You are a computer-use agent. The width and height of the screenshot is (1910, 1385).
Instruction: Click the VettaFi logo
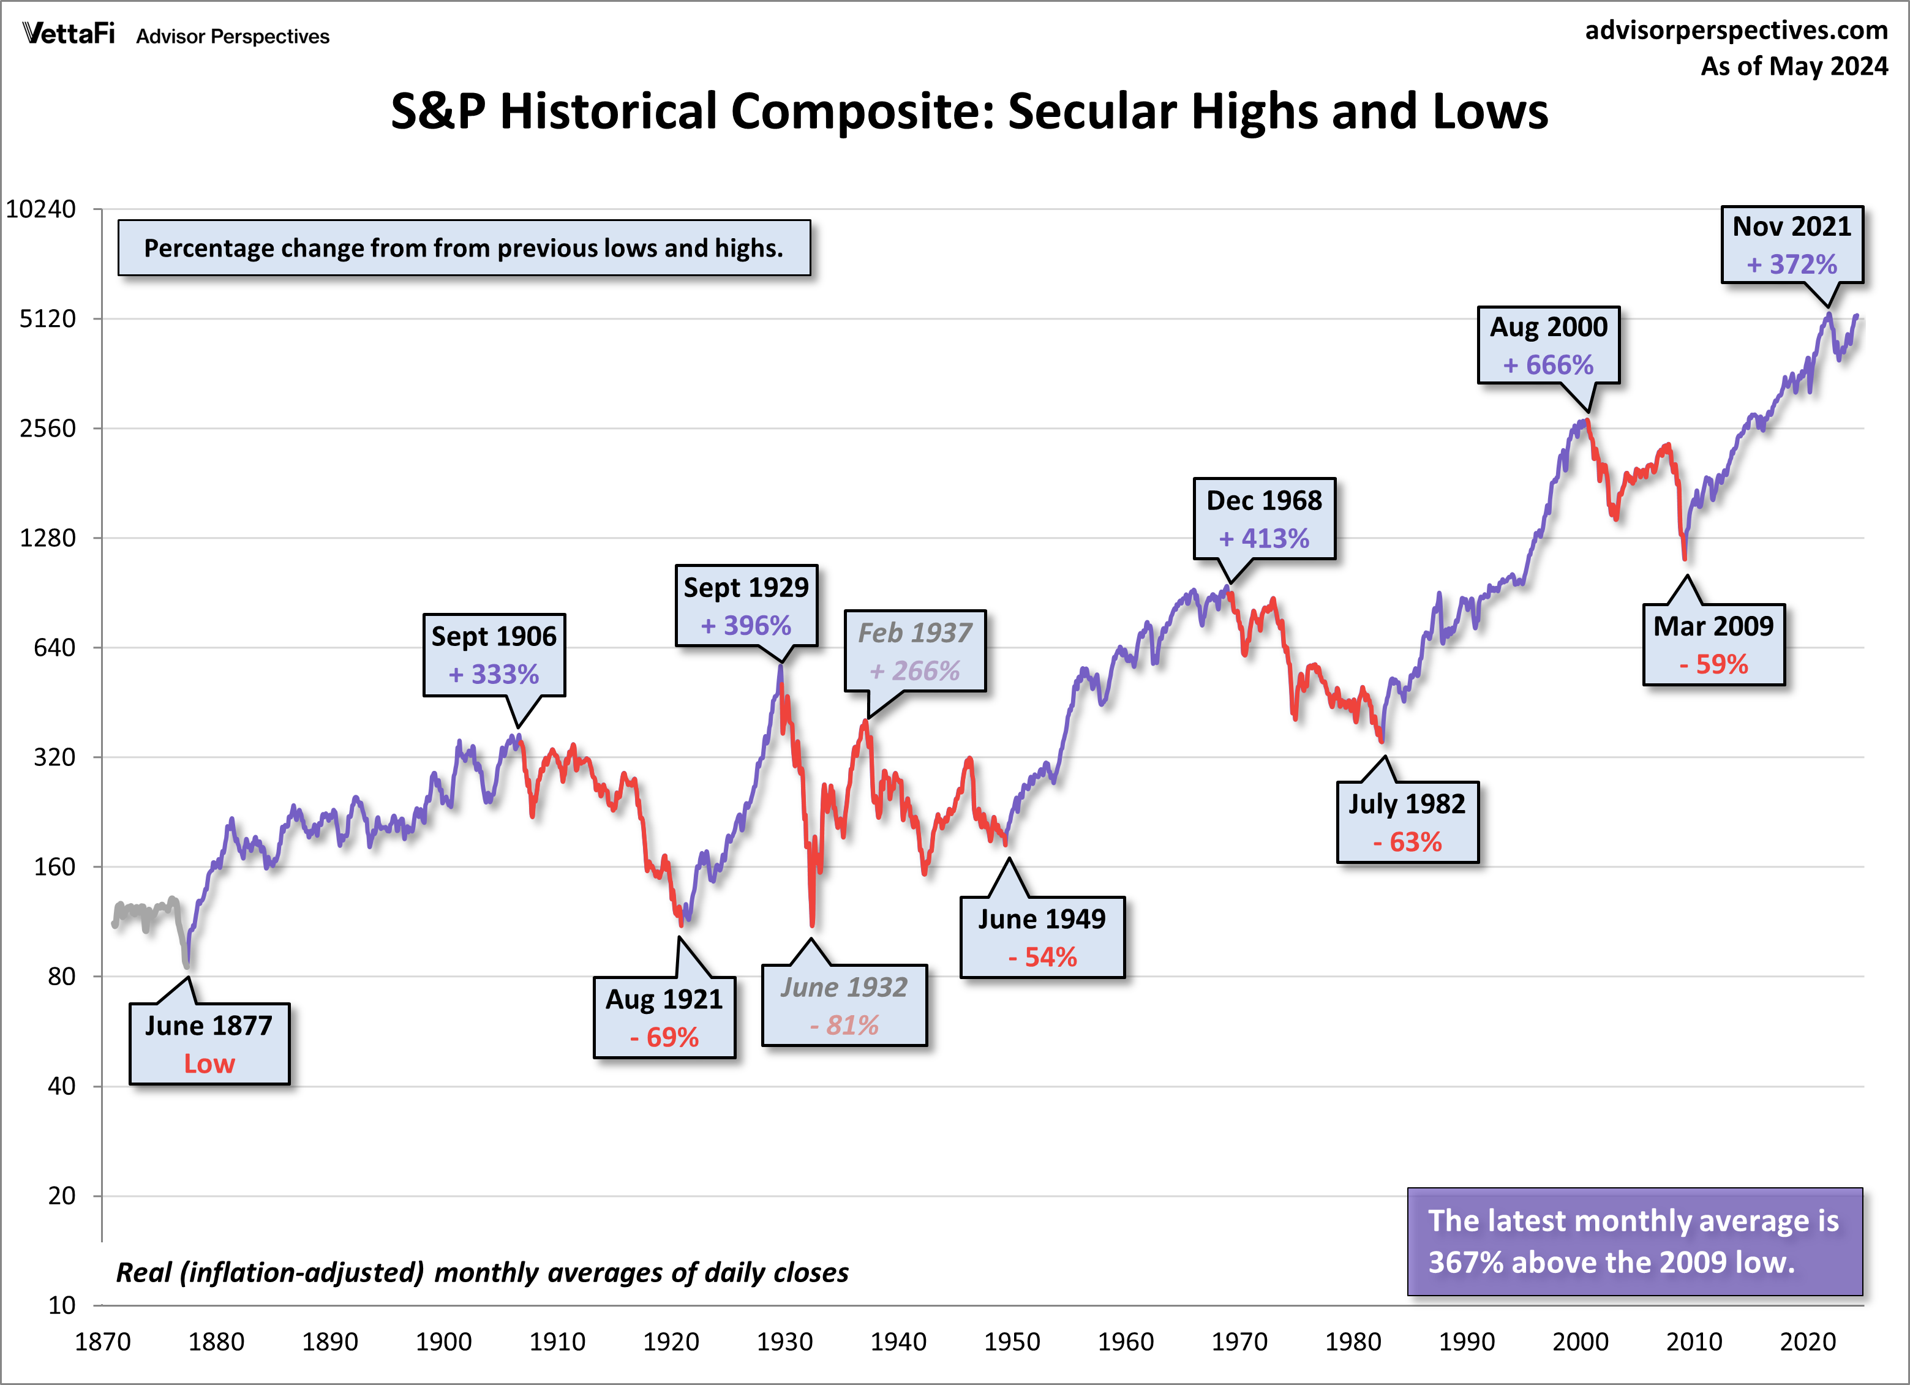click(68, 34)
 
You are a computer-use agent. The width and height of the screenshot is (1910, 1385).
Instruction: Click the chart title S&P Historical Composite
click(969, 111)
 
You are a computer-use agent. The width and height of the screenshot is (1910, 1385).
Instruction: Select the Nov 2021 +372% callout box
click(1791, 244)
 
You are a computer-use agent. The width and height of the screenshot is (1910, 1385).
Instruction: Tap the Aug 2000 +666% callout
click(1548, 345)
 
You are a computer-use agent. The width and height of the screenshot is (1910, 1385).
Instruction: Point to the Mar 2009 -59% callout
click(1713, 644)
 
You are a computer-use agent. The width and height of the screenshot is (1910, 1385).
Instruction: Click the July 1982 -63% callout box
click(1407, 822)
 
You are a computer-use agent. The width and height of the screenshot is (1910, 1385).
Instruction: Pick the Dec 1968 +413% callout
click(1263, 519)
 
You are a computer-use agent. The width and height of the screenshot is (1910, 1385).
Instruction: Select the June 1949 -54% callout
click(1042, 937)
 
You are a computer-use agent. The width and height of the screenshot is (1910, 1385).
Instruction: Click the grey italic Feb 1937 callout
click(914, 651)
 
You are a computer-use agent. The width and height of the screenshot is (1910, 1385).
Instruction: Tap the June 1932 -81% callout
click(844, 1005)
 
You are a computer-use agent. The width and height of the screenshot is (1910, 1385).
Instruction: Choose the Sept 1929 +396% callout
click(745, 606)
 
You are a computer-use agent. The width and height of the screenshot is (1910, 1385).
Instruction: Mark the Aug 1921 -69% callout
click(664, 1017)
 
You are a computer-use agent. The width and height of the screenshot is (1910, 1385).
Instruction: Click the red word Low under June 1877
click(209, 1064)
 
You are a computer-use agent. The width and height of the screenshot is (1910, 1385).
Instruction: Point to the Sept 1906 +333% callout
click(494, 655)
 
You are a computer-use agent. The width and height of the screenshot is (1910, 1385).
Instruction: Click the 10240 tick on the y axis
click(40, 209)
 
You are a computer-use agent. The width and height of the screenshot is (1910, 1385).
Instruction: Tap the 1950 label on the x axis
click(1012, 1341)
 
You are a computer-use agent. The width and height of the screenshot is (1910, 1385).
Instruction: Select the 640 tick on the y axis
click(54, 647)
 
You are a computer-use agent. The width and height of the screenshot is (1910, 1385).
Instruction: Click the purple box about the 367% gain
click(1634, 1241)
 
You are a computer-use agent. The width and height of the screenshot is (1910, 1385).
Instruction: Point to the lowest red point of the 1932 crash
click(812, 925)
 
